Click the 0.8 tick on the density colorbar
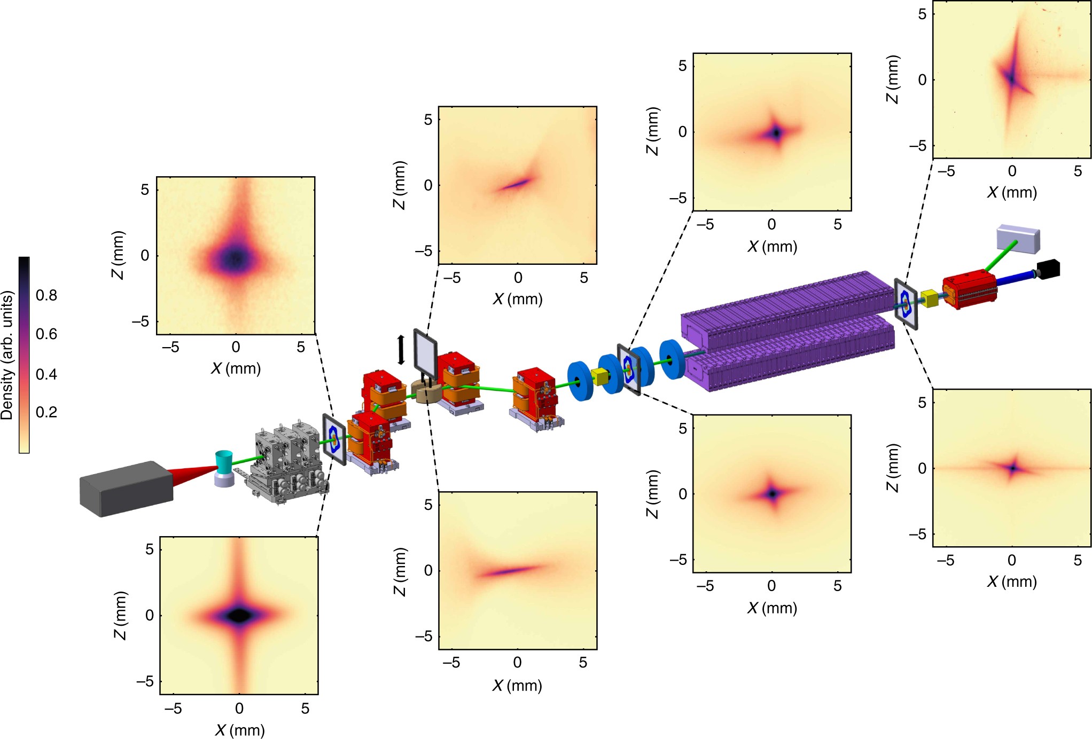click(x=46, y=295)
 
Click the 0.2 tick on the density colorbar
click(x=46, y=412)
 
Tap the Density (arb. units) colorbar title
click(x=7, y=355)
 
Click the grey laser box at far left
click(x=126, y=489)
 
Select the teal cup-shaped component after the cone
click(x=224, y=462)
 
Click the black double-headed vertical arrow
click(x=401, y=350)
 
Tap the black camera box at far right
click(x=1048, y=269)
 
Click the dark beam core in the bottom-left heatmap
click(x=239, y=615)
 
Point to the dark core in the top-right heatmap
click(x=1011, y=79)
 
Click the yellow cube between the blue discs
click(x=601, y=376)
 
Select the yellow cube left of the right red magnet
click(x=930, y=298)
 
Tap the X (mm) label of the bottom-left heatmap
click(x=239, y=730)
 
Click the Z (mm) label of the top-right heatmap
click(x=892, y=79)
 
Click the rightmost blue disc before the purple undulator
click(x=671, y=359)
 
